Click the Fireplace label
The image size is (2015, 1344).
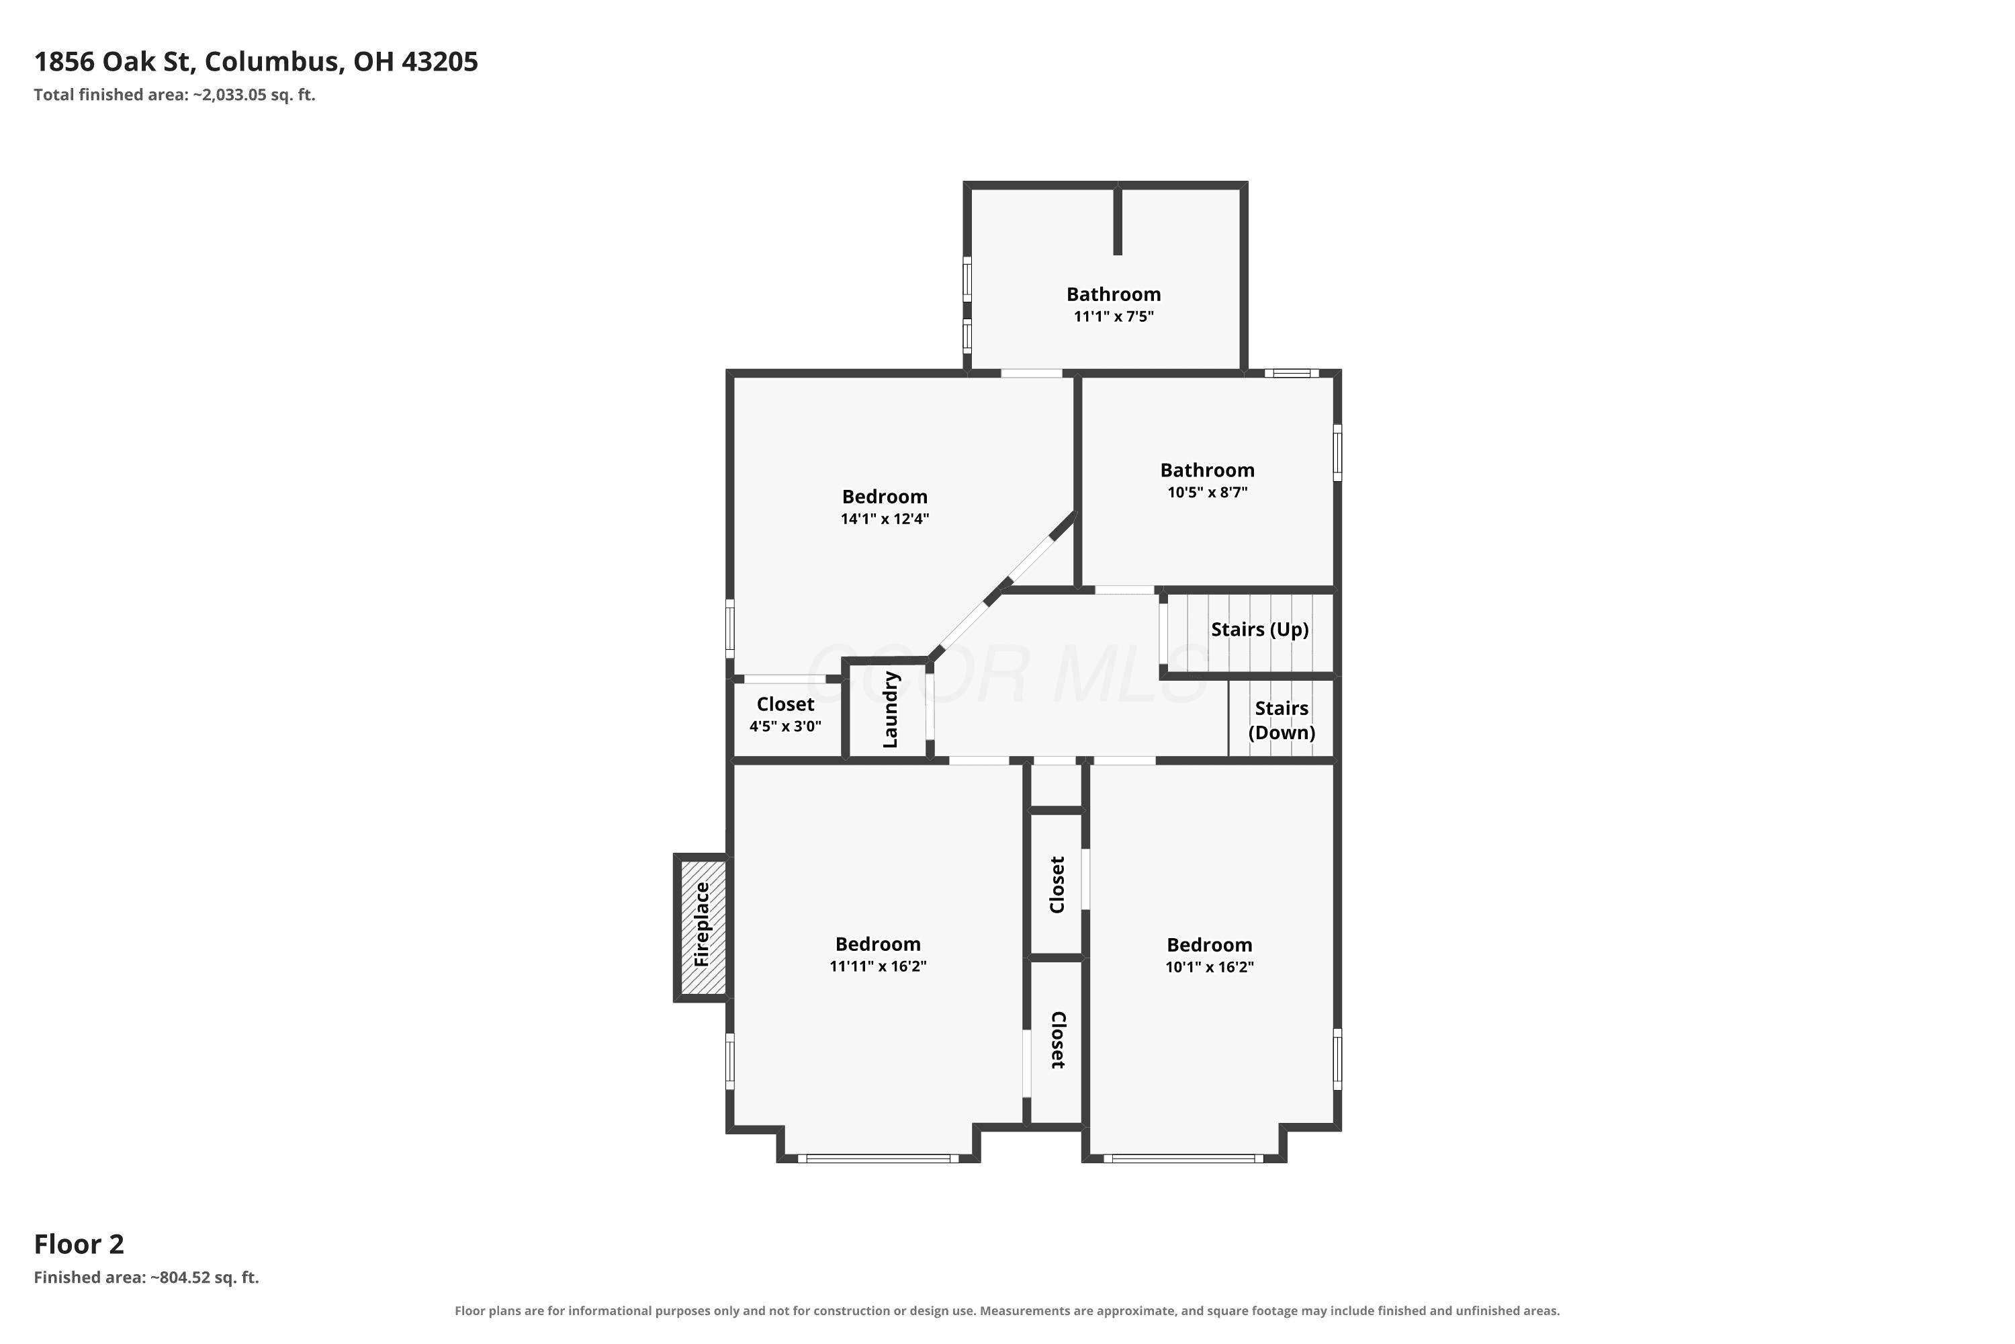click(702, 925)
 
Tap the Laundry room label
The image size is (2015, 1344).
click(890, 710)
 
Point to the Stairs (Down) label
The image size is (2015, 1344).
click(1282, 720)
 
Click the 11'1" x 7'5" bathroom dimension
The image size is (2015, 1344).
click(1114, 317)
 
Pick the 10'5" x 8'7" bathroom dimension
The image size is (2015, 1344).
click(1207, 493)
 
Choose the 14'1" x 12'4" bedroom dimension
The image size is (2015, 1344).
click(885, 519)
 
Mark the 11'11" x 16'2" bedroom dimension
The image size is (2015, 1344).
click(878, 966)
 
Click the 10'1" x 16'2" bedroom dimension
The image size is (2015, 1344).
click(1210, 967)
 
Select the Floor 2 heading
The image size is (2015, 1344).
click(79, 1244)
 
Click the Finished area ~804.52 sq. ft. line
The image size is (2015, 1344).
click(146, 1277)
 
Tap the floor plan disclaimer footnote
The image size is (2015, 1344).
click(1007, 1310)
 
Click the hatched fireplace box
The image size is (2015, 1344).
click(703, 927)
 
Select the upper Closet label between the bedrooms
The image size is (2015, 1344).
click(1057, 884)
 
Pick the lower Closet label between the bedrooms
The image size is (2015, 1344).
click(1057, 1040)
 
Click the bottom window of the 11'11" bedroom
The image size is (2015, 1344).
click(878, 1159)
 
